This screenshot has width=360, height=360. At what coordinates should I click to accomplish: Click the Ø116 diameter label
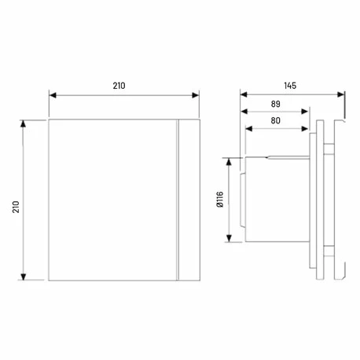(x=219, y=202)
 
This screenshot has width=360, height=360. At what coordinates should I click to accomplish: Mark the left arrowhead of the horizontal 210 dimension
(x=53, y=94)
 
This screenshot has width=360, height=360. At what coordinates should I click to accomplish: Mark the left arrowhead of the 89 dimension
(x=244, y=112)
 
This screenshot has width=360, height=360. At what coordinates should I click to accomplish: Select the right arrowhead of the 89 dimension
(x=308, y=112)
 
